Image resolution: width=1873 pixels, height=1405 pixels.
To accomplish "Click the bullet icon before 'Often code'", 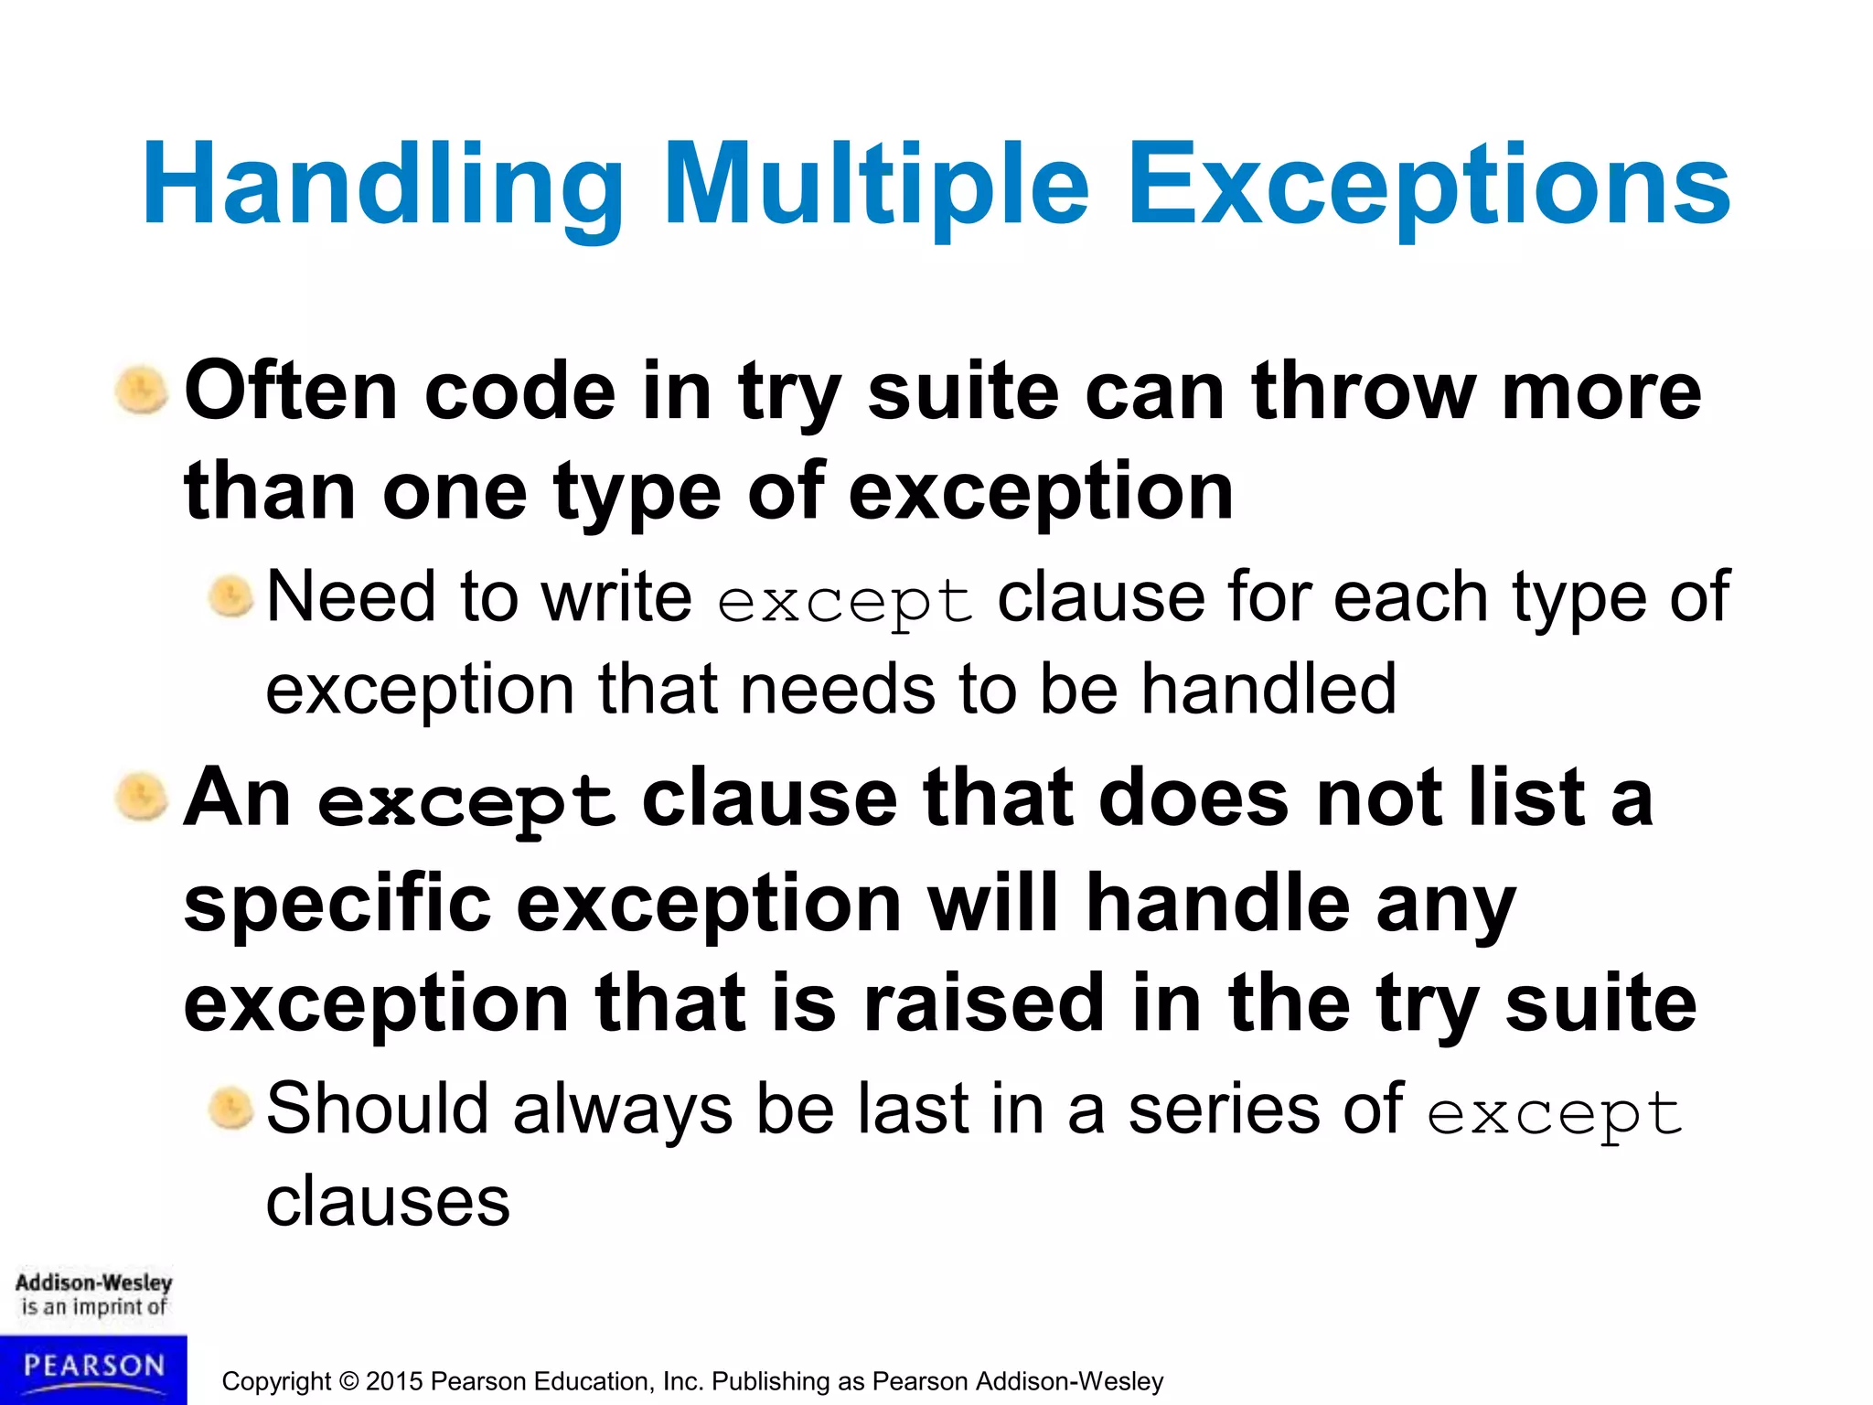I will [x=142, y=391].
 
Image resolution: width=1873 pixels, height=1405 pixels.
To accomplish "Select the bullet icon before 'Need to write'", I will [x=230, y=597].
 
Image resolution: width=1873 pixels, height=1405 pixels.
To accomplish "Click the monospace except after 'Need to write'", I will [x=844, y=602].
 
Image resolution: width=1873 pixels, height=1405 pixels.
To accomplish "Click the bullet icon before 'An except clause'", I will [x=142, y=797].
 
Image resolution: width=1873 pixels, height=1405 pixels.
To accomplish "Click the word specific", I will [x=337, y=904].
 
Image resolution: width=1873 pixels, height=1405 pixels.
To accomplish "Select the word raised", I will [x=984, y=1003].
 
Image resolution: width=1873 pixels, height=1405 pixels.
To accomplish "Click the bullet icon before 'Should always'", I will [x=230, y=1109].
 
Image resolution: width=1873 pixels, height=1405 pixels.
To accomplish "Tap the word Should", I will [x=377, y=1110].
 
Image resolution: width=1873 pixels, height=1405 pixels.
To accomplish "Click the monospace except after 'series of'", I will [x=1554, y=1114].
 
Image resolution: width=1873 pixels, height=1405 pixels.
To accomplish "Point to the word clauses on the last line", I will [x=388, y=1202].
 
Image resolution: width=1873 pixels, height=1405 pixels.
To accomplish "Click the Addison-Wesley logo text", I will [x=93, y=1283].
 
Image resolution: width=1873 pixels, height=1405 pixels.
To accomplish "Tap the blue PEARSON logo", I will [x=93, y=1367].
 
